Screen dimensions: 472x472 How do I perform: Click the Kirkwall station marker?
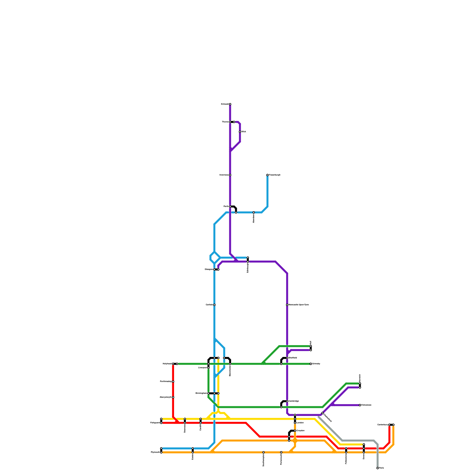(x=230, y=104)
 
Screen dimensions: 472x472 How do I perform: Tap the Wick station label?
(x=244, y=132)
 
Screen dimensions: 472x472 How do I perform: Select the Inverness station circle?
(x=230, y=175)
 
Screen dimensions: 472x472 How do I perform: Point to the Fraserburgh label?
(x=275, y=175)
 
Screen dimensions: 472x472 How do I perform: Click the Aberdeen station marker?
(x=254, y=212)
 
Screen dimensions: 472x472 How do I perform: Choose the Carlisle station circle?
(x=214, y=305)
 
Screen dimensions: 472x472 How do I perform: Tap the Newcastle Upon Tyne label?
(x=299, y=305)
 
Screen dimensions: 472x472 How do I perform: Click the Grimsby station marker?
(x=311, y=364)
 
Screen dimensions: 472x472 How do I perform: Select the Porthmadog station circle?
(x=173, y=381)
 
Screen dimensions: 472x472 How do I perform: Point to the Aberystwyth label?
(x=165, y=397)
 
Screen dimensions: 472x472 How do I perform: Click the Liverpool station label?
(x=203, y=368)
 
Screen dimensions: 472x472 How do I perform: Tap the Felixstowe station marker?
(x=360, y=405)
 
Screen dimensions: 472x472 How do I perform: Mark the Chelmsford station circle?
(x=322, y=413)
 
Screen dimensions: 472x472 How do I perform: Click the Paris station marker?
(x=378, y=468)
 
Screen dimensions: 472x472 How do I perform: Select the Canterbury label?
(x=383, y=425)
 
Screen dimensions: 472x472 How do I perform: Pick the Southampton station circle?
(x=263, y=452)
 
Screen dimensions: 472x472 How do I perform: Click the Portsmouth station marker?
(x=281, y=452)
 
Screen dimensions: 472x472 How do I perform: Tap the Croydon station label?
(x=300, y=431)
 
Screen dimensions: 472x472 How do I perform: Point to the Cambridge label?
(x=294, y=401)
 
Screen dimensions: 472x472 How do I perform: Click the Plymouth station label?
(x=155, y=452)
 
